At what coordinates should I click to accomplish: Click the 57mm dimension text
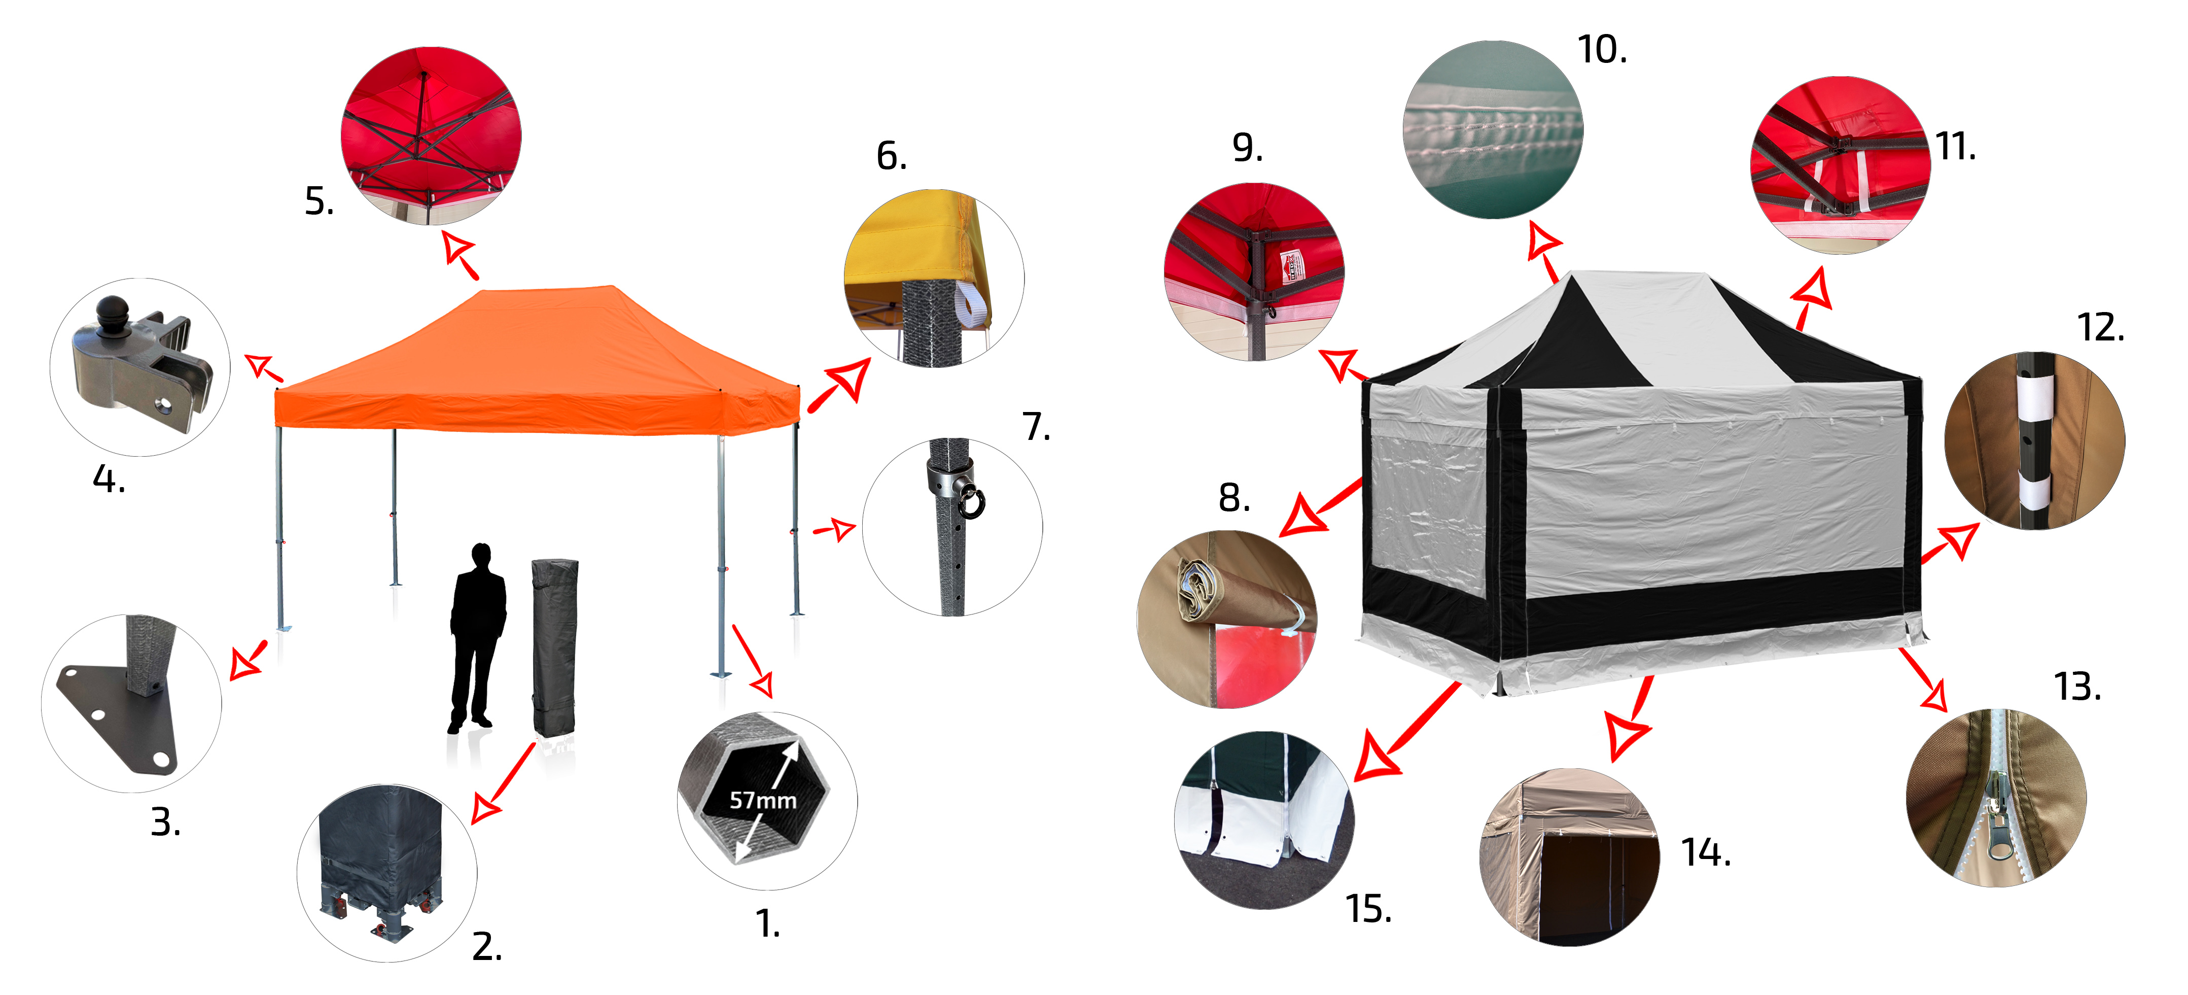763,801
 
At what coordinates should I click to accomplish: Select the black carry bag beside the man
555,647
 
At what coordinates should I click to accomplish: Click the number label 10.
1602,50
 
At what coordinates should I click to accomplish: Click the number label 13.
2077,687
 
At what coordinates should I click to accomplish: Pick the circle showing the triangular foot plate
132,704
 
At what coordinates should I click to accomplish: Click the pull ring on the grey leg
971,501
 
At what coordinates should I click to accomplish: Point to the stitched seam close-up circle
1492,130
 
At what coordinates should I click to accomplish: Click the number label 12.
2101,328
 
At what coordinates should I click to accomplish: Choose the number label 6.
892,156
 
